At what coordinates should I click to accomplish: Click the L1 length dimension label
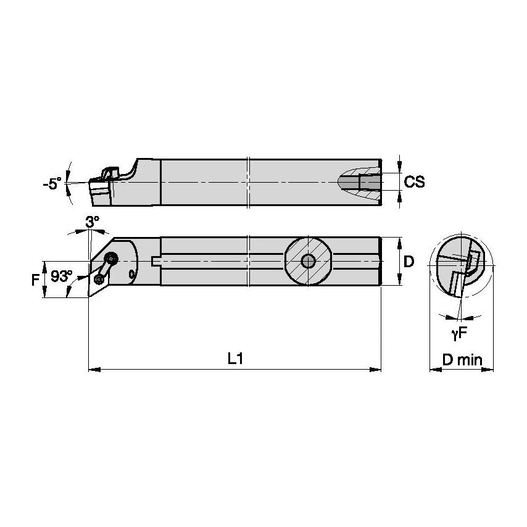coord(235,359)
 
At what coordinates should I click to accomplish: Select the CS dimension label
coord(415,183)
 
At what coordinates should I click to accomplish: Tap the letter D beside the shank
coord(408,262)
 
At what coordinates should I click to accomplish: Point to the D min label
coord(462,360)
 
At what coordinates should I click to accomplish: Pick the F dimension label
coord(35,278)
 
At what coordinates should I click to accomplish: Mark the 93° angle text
coord(61,277)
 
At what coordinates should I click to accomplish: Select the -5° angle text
coord(52,183)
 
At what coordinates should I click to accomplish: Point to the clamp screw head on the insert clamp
coord(112,259)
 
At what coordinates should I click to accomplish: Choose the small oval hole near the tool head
coord(132,273)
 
